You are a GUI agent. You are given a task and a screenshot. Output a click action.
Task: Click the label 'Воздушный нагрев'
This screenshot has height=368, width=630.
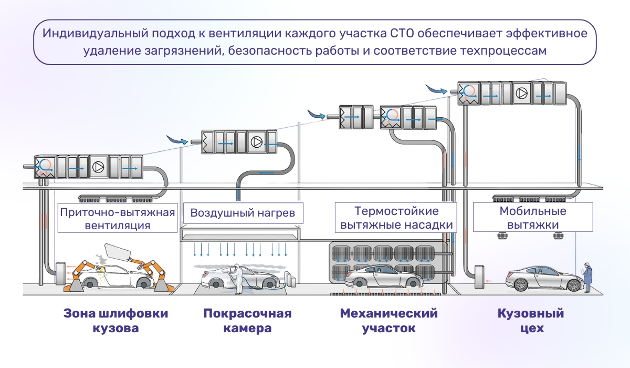pos(239,213)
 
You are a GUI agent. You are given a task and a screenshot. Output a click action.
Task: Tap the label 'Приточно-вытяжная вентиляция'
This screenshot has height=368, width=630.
pos(117,219)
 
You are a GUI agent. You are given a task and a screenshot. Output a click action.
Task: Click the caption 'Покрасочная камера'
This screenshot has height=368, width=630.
pos(247,321)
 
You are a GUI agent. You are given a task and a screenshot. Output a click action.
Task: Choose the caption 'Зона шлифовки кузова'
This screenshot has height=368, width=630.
pos(116,321)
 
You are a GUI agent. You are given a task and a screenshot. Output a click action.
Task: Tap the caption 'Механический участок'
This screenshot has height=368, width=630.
pos(388,321)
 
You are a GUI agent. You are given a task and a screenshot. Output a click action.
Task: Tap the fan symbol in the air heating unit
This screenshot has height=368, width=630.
pos(257,142)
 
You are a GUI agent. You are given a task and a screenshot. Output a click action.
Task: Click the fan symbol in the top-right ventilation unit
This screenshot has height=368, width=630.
pos(521,93)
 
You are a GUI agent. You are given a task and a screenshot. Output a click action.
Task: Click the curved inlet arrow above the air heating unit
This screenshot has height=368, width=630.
pos(176,140)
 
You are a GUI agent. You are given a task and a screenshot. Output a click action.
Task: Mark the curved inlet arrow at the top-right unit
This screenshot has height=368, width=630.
pos(435,89)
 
